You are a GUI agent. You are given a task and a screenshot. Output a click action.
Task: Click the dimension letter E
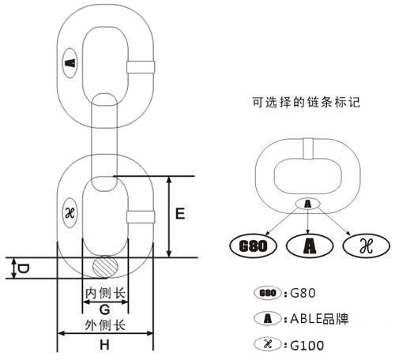[180, 213]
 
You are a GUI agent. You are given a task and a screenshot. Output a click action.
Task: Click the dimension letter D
[23, 268]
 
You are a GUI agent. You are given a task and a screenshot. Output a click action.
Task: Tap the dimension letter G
[104, 309]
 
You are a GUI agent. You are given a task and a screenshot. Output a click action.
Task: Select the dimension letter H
[104, 344]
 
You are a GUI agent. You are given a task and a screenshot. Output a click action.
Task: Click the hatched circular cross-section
[105, 267]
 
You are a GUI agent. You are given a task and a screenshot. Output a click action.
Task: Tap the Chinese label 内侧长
[105, 293]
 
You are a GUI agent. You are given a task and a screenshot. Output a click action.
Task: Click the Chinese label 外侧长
[105, 325]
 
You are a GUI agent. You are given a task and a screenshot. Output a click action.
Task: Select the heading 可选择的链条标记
[306, 102]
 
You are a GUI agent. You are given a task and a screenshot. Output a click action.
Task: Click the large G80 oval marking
[253, 246]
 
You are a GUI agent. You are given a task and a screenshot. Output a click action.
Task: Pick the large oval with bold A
[310, 246]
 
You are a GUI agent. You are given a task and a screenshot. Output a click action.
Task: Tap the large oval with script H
[367, 246]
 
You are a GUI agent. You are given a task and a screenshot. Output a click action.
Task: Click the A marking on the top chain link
[70, 63]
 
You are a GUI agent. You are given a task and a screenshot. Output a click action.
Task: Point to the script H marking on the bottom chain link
[70, 213]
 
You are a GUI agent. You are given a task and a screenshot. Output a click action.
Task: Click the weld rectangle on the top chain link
[141, 67]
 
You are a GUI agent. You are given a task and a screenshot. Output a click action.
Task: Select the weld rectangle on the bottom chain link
[141, 217]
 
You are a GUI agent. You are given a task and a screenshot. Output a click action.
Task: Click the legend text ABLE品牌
[319, 319]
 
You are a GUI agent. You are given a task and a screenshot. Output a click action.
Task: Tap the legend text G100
[307, 345]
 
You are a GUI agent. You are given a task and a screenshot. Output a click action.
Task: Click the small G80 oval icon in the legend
[268, 293]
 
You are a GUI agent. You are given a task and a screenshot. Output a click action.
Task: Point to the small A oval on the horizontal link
[307, 204]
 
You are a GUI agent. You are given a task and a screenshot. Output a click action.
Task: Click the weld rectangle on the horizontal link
[308, 148]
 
